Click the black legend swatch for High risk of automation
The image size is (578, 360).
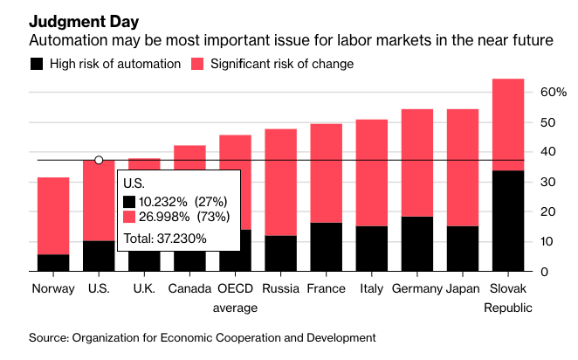[37, 64]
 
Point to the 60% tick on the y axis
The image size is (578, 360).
[554, 92]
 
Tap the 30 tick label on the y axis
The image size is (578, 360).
[548, 182]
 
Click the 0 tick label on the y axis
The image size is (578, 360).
[544, 272]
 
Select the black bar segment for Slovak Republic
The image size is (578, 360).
[508, 220]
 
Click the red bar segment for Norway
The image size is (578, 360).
[54, 215]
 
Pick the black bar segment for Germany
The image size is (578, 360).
[417, 244]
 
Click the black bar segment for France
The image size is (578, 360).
[327, 247]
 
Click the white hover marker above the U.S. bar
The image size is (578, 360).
[99, 160]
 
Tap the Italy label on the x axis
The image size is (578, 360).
[371, 288]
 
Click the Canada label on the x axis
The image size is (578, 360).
[189, 288]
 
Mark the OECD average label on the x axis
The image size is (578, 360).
[235, 298]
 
